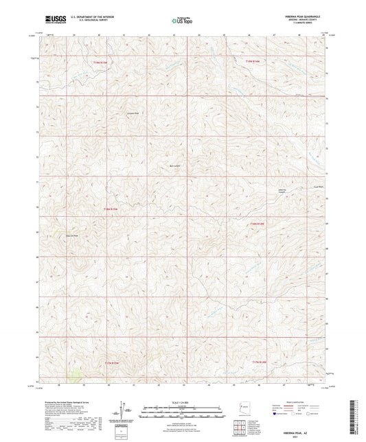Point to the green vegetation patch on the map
pos(73,374)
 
